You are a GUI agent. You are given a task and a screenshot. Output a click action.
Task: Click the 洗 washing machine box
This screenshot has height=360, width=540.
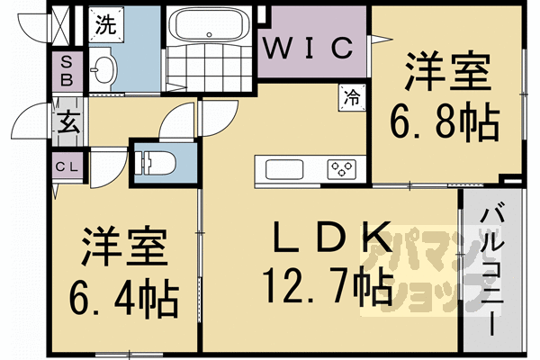coord(106,25)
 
